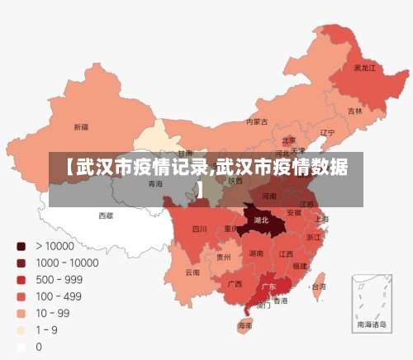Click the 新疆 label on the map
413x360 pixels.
click(x=80, y=127)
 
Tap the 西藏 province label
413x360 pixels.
click(x=106, y=216)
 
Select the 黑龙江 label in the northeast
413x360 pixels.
click(x=364, y=68)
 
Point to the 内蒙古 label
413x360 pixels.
click(x=257, y=121)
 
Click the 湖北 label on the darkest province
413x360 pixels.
click(x=261, y=220)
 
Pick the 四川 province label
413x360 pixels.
click(x=200, y=229)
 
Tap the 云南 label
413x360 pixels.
click(x=192, y=272)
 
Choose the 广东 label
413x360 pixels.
click(x=268, y=287)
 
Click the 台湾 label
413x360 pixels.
click(x=318, y=287)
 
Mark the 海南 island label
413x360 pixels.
click(x=245, y=326)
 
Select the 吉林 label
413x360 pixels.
click(x=354, y=111)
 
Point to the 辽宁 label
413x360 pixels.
click(x=327, y=132)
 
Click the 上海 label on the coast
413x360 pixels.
click(x=321, y=219)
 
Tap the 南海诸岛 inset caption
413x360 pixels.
click(x=369, y=325)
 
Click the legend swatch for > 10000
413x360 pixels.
click(x=21, y=245)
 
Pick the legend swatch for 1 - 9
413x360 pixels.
click(x=21, y=330)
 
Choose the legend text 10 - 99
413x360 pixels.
click(x=52, y=313)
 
